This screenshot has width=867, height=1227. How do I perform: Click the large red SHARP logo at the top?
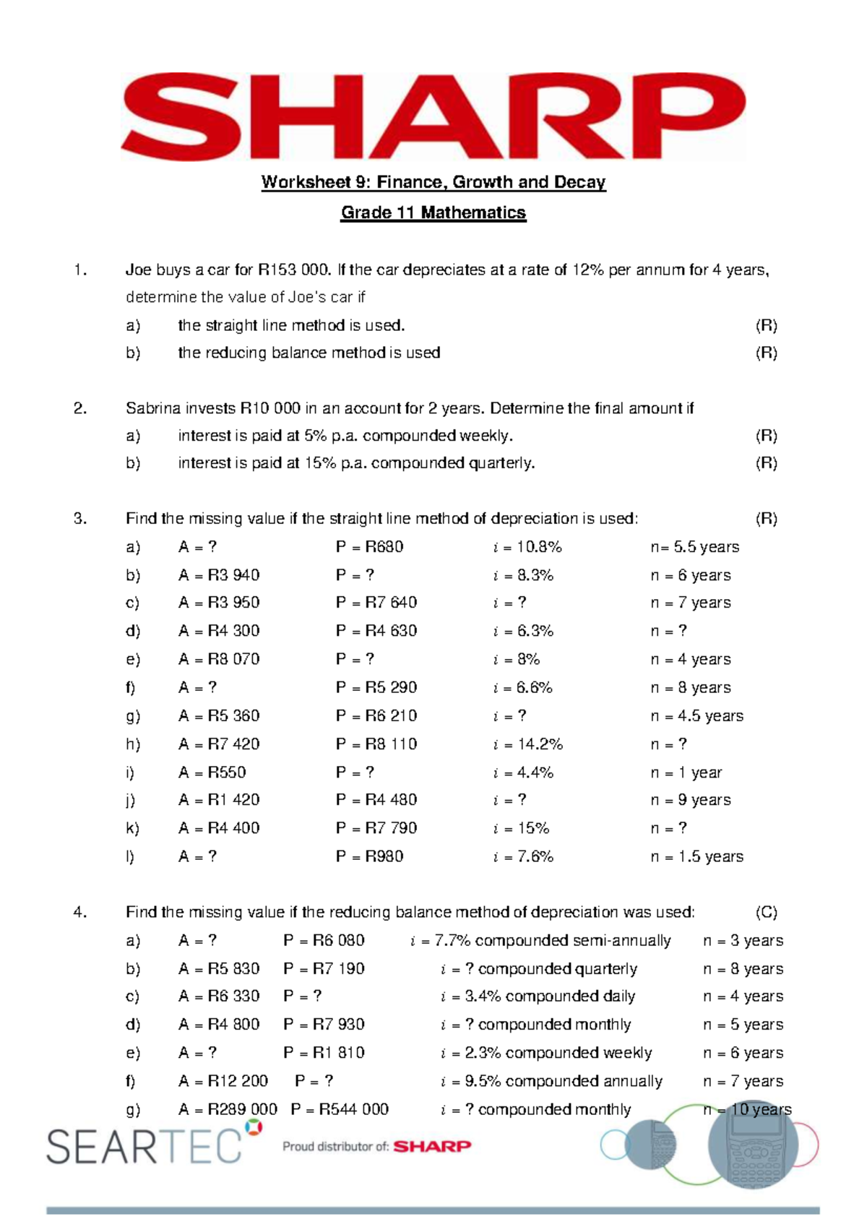pyautogui.click(x=433, y=116)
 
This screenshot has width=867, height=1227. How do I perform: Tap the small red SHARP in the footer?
pyautogui.click(x=432, y=1146)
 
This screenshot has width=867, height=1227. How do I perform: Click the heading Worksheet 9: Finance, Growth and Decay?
pyautogui.click(x=433, y=182)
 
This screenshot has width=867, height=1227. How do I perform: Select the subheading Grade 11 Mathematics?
pyautogui.click(x=433, y=213)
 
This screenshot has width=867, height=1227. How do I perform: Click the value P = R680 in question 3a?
pyautogui.click(x=369, y=547)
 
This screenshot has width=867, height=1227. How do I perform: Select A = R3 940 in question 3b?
pyautogui.click(x=219, y=575)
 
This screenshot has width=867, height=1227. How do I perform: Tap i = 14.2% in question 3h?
pyautogui.click(x=527, y=744)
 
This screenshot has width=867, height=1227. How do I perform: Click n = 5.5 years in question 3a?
pyautogui.click(x=694, y=547)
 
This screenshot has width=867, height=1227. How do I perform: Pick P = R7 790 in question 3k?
pyautogui.click(x=376, y=828)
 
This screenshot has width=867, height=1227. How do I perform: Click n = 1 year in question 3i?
pyautogui.click(x=686, y=772)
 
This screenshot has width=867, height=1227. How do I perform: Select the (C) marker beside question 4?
pyautogui.click(x=766, y=912)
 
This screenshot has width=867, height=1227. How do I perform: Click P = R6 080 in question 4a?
pyautogui.click(x=324, y=940)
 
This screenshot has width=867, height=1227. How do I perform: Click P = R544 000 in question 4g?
pyautogui.click(x=340, y=1109)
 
